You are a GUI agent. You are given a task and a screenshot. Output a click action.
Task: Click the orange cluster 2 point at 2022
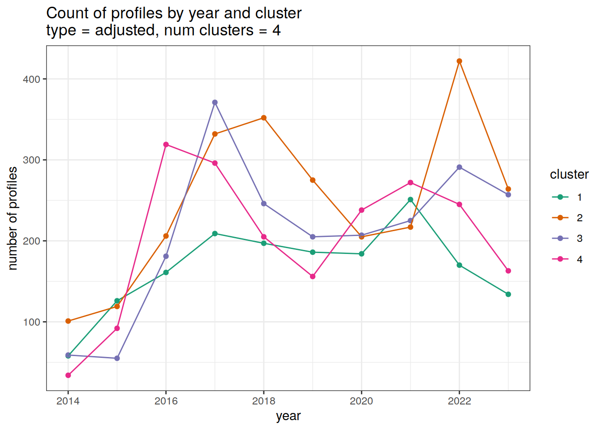pos(459,61)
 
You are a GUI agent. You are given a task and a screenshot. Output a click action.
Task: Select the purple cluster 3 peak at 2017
pos(215,103)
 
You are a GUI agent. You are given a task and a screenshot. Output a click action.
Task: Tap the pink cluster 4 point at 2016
pos(166,145)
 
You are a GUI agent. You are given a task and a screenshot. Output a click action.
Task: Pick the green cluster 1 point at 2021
pos(410,200)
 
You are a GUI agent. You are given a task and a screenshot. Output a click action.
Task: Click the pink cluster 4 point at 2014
pos(68,375)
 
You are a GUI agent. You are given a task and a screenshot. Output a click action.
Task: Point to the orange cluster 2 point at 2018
pos(264,118)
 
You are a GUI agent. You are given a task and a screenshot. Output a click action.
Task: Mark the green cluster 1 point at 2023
pos(508,294)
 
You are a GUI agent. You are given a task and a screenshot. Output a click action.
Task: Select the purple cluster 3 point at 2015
pos(117,358)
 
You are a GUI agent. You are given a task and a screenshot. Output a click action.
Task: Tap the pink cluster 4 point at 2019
pos(313,276)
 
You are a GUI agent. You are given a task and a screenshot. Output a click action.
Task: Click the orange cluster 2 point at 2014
pos(68,321)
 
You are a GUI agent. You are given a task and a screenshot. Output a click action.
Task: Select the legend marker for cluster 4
pos(560,259)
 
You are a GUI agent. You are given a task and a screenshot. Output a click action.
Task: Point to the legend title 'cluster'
pos(569,174)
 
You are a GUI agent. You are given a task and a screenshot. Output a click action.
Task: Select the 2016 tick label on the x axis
pos(166,401)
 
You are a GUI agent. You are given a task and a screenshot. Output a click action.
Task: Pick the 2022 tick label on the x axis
pos(459,401)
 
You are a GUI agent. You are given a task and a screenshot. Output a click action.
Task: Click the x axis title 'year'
pos(288,416)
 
